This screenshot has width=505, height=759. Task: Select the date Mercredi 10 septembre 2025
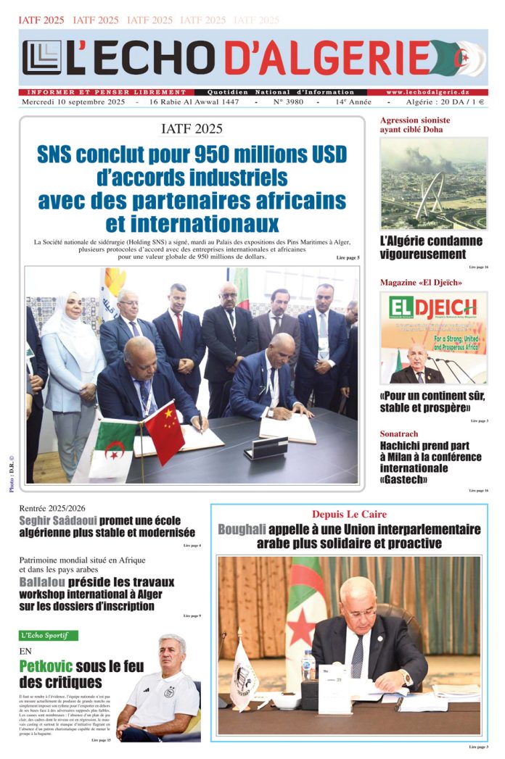coord(74,103)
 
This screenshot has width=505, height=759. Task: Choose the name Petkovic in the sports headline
coord(50,666)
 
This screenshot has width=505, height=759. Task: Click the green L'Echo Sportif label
coord(49,635)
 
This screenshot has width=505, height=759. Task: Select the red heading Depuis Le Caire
coord(349,515)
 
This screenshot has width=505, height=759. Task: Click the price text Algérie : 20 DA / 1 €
coord(446,103)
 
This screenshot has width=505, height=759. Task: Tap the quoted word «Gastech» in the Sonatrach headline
coord(403,479)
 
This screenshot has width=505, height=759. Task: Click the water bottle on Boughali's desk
coord(308,665)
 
